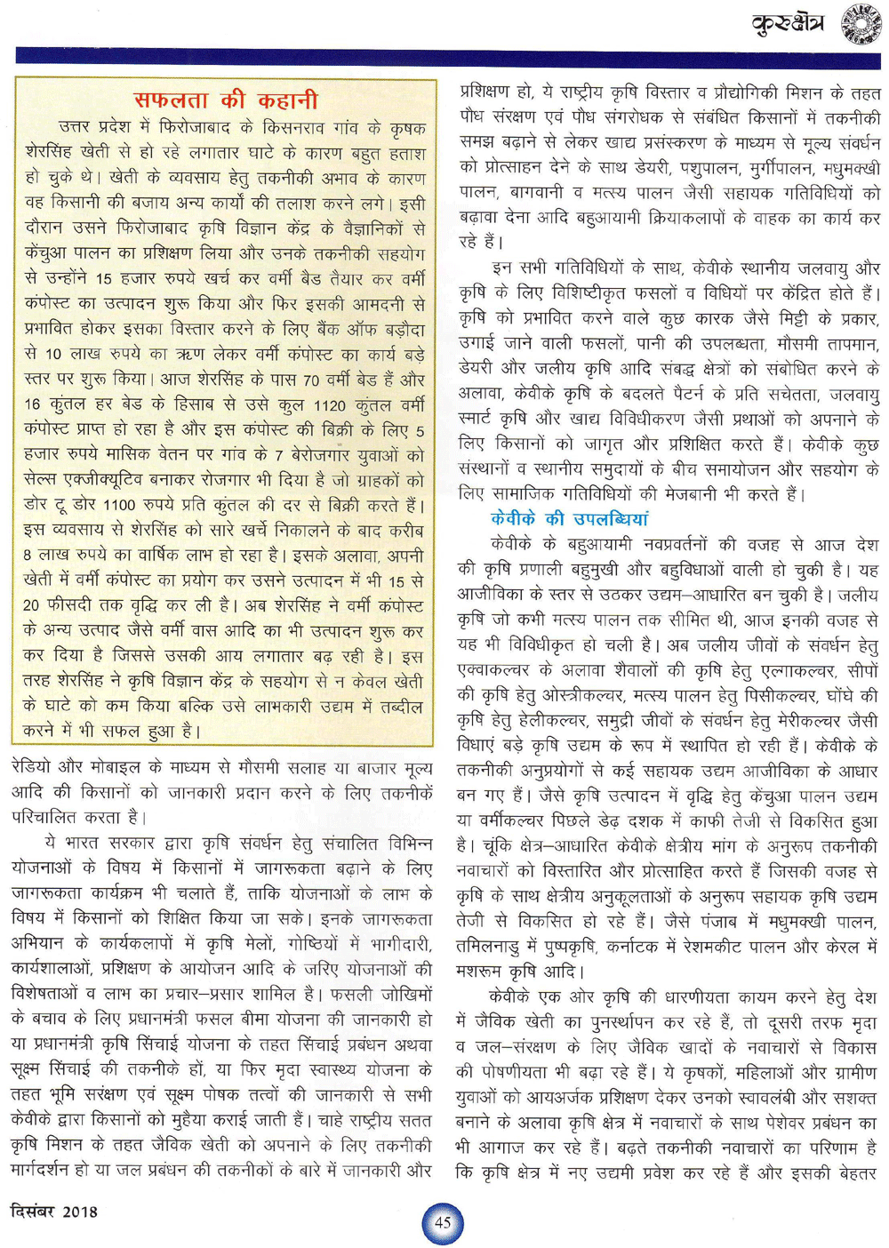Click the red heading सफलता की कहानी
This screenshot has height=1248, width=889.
(x=225, y=100)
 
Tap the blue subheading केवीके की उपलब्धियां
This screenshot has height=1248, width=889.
(x=569, y=518)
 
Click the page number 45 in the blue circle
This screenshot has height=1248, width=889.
(x=443, y=1222)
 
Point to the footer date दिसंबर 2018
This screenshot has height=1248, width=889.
(x=53, y=1211)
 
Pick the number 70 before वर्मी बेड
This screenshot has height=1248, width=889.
(x=310, y=380)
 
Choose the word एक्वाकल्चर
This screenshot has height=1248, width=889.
(x=493, y=670)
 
